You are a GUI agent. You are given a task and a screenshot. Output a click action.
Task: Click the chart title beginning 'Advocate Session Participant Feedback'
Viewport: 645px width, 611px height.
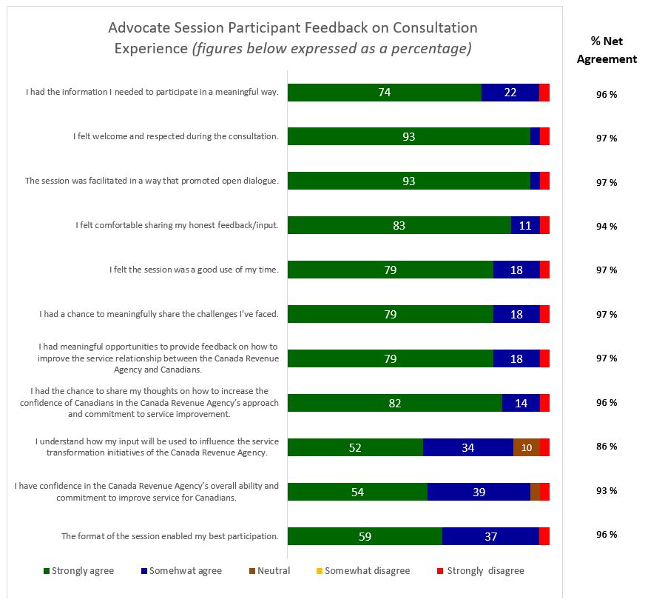click(292, 39)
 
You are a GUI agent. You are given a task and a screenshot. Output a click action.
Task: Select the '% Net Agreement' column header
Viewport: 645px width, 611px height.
click(607, 50)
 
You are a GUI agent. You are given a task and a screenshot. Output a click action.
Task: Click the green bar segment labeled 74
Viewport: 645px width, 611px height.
click(384, 93)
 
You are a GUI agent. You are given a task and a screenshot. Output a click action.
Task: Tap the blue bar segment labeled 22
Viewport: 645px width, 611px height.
click(510, 93)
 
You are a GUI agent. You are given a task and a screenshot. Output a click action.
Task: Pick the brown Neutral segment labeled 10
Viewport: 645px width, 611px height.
click(526, 447)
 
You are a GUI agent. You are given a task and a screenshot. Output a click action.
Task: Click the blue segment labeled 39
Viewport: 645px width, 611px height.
click(479, 492)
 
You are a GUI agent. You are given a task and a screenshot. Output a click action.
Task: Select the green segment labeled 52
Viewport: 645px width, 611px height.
click(355, 447)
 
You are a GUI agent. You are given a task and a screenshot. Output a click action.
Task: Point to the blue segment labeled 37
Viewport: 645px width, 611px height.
click(490, 536)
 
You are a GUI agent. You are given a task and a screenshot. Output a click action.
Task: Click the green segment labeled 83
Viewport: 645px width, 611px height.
click(399, 225)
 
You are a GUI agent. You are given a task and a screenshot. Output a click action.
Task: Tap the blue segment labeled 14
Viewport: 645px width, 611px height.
click(521, 403)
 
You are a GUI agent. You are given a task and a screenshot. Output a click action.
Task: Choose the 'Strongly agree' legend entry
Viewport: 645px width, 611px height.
click(78, 571)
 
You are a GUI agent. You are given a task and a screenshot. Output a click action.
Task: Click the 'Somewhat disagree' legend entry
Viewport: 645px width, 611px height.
click(362, 571)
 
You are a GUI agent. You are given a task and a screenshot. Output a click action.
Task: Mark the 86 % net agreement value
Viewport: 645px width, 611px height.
click(607, 447)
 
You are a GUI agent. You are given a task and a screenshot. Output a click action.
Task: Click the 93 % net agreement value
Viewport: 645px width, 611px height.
click(607, 491)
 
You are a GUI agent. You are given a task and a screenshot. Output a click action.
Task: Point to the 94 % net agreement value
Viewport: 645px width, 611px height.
click(607, 226)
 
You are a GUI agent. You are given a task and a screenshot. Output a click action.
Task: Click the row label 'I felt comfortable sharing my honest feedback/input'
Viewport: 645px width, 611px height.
click(177, 226)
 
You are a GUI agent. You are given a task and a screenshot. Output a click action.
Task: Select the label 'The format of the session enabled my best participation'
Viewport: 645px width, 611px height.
click(169, 536)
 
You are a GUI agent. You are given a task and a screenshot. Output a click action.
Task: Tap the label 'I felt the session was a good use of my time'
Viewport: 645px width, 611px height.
click(194, 270)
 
